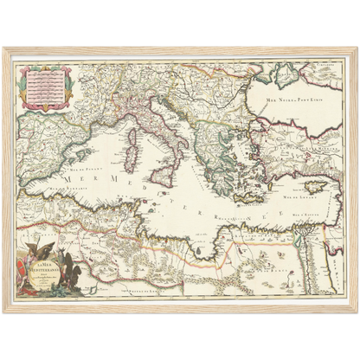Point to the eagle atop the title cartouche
pos(51,239)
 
